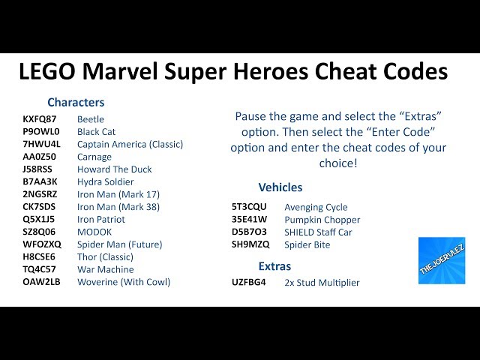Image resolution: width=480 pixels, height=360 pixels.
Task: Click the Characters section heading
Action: pyautogui.click(x=76, y=102)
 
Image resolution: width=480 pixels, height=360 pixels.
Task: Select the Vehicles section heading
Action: pyautogui.click(x=280, y=187)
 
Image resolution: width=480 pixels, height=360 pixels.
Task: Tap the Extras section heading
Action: pyautogui.click(x=274, y=266)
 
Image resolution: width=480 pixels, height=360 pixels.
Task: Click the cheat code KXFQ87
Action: pyautogui.click(x=40, y=119)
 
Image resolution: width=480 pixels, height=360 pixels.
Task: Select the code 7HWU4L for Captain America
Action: pyautogui.click(x=42, y=144)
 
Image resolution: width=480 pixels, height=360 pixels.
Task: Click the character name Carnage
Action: pyautogui.click(x=94, y=157)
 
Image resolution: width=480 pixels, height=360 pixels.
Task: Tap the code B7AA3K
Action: pyautogui.click(x=40, y=181)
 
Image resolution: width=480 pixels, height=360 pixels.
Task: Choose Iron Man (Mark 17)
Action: pyautogui.click(x=118, y=194)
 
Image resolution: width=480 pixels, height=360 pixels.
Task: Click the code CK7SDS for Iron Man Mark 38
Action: pyautogui.click(x=39, y=207)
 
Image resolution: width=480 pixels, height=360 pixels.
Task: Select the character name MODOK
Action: pyautogui.click(x=94, y=232)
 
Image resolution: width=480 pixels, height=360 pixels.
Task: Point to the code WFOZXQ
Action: pyautogui.click(x=42, y=244)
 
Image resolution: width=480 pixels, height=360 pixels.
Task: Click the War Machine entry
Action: pyautogui.click(x=106, y=269)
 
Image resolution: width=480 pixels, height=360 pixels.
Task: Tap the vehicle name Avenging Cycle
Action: pyautogui.click(x=316, y=207)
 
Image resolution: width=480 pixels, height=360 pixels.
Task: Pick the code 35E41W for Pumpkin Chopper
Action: pyautogui.click(x=249, y=220)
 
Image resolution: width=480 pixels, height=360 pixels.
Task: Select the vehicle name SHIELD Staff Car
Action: pyautogui.click(x=318, y=232)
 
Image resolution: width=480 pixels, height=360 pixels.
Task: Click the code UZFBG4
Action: pyautogui.click(x=249, y=283)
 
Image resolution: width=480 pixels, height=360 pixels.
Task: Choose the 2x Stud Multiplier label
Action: pyautogui.click(x=322, y=283)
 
